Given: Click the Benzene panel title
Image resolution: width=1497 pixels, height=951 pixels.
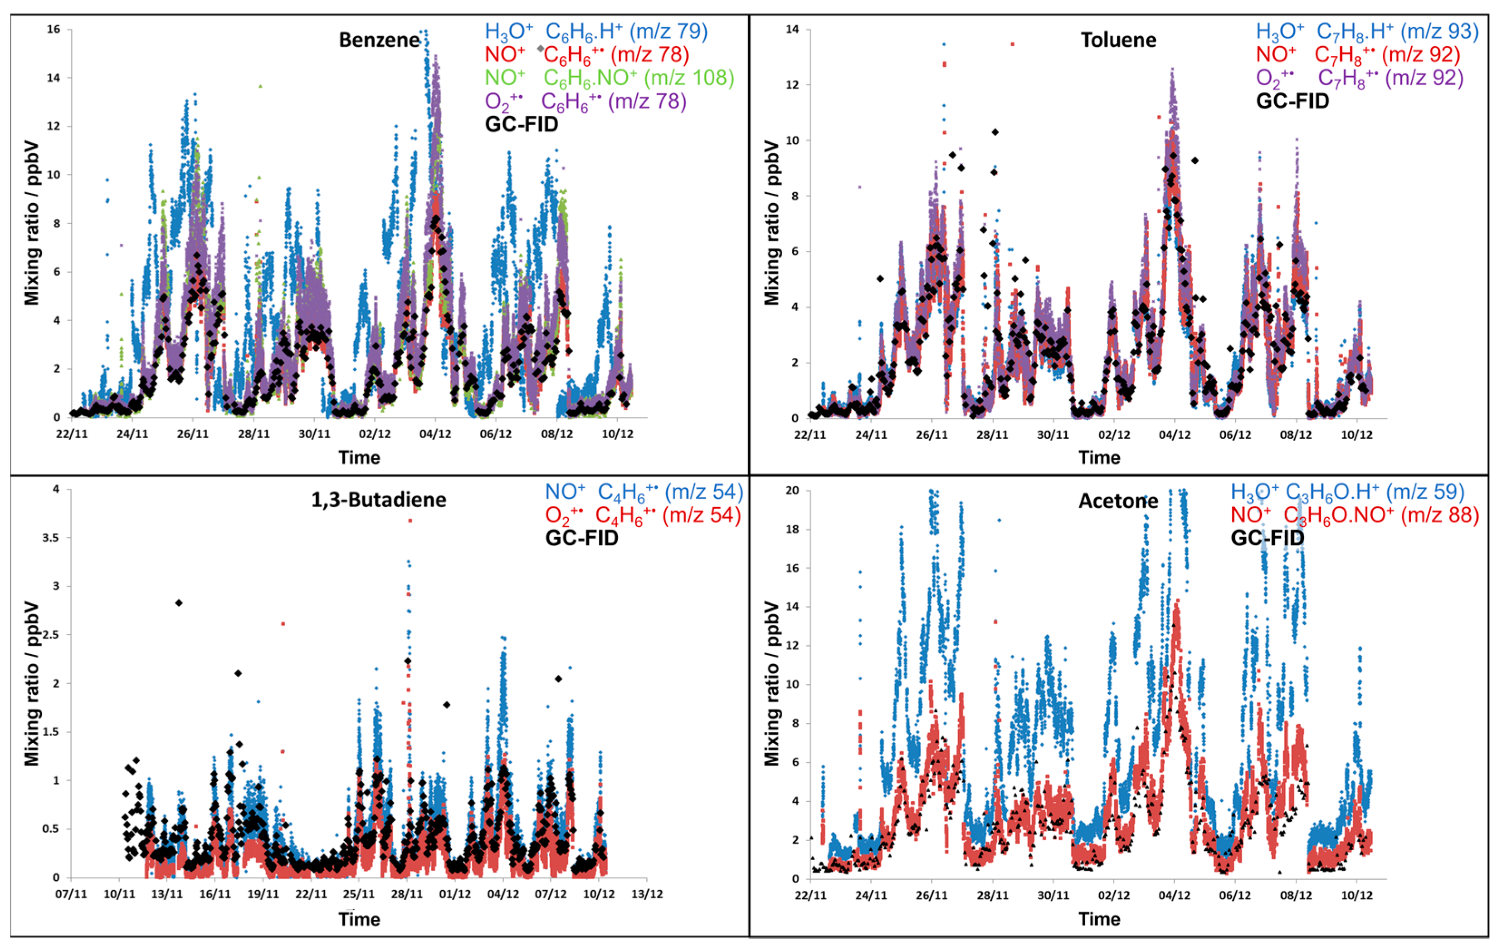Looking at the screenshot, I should pos(379,40).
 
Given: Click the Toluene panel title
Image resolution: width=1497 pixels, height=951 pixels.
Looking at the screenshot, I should pos(1118,40).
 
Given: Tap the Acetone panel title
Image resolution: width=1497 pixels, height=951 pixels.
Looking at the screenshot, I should pos(1118,501).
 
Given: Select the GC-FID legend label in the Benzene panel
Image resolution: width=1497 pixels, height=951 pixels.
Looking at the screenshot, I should pos(521,124).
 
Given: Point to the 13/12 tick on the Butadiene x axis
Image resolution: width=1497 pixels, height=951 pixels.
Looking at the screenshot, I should pos(647,894).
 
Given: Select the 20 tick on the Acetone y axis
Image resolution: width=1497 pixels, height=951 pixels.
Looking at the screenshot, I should pos(791,491).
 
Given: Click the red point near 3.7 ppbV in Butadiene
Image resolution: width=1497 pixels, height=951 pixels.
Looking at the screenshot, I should pos(410,520).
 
